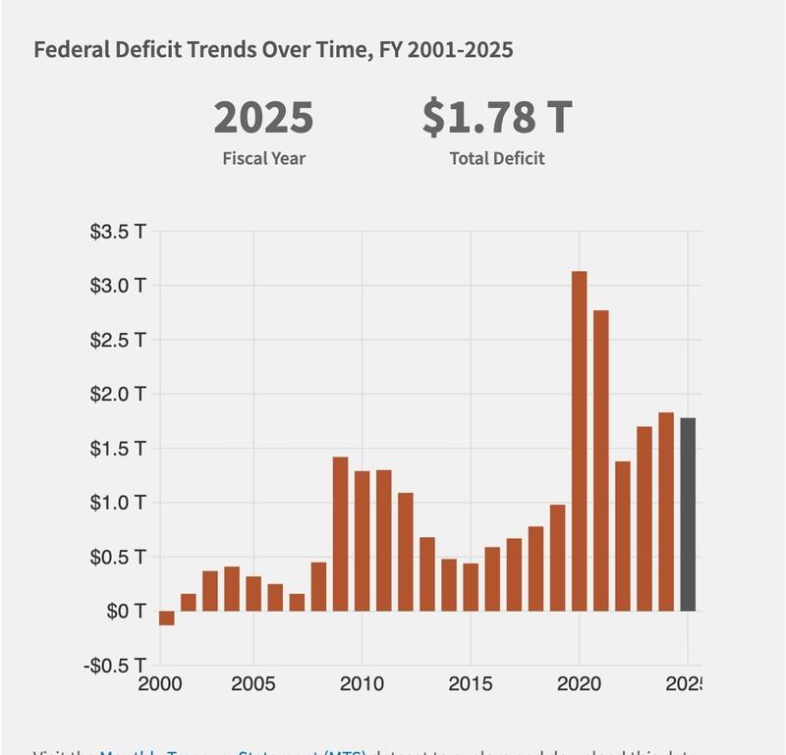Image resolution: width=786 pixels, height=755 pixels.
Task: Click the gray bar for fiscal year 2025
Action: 688,514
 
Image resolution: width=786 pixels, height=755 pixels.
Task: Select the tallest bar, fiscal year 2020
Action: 580,441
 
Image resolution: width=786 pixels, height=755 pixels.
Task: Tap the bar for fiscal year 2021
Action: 601,460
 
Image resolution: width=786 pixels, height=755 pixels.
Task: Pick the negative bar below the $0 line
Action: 167,618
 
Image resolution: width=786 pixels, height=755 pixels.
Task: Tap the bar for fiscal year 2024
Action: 666,512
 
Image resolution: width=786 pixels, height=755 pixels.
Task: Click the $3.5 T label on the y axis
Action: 117,233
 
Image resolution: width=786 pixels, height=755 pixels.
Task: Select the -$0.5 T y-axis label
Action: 116,665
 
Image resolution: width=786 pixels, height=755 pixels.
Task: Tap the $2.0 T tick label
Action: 117,395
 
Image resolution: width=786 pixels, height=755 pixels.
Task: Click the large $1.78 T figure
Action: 496,118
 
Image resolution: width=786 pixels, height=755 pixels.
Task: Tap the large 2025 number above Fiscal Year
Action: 263,118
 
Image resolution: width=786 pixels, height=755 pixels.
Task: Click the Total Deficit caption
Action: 496,158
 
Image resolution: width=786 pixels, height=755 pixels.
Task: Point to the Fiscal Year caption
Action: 263,158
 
